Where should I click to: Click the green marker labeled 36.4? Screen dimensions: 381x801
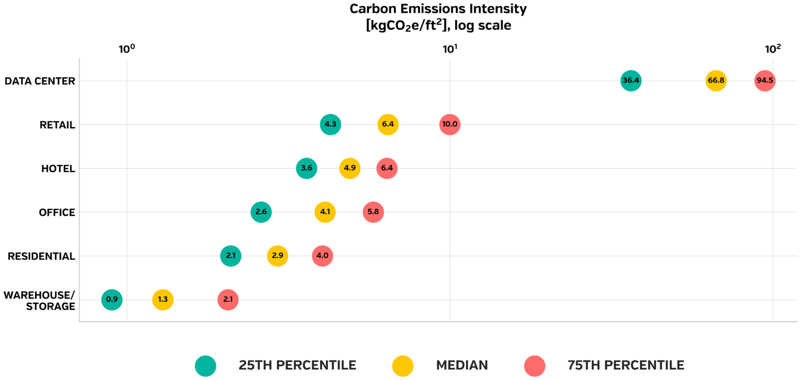(630, 81)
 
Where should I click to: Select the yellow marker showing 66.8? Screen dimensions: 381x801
(715, 81)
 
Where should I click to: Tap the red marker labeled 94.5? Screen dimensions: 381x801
(764, 81)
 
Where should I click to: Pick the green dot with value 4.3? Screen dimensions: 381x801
(330, 125)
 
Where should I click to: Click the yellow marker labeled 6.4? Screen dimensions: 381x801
(387, 125)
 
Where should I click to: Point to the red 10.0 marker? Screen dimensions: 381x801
(450, 125)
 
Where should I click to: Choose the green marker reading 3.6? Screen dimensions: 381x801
(306, 168)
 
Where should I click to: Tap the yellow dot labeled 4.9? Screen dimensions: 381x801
(349, 168)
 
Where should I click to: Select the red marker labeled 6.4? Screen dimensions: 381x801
(386, 168)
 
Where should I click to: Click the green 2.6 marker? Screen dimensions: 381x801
(261, 212)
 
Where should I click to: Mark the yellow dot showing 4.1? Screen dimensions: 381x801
(325, 212)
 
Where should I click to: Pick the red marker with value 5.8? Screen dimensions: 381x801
(373, 212)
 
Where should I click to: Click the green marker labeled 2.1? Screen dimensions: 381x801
(230, 256)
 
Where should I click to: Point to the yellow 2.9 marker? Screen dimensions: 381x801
(277, 256)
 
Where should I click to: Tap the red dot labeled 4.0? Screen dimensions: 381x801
(322, 256)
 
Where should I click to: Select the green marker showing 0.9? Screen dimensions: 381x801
(112, 300)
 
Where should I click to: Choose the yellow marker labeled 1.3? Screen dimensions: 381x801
(163, 300)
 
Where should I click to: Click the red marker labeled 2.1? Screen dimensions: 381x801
(228, 300)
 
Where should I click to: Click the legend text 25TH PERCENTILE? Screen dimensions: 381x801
(297, 365)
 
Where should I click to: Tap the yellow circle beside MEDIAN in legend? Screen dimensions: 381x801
(403, 366)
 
